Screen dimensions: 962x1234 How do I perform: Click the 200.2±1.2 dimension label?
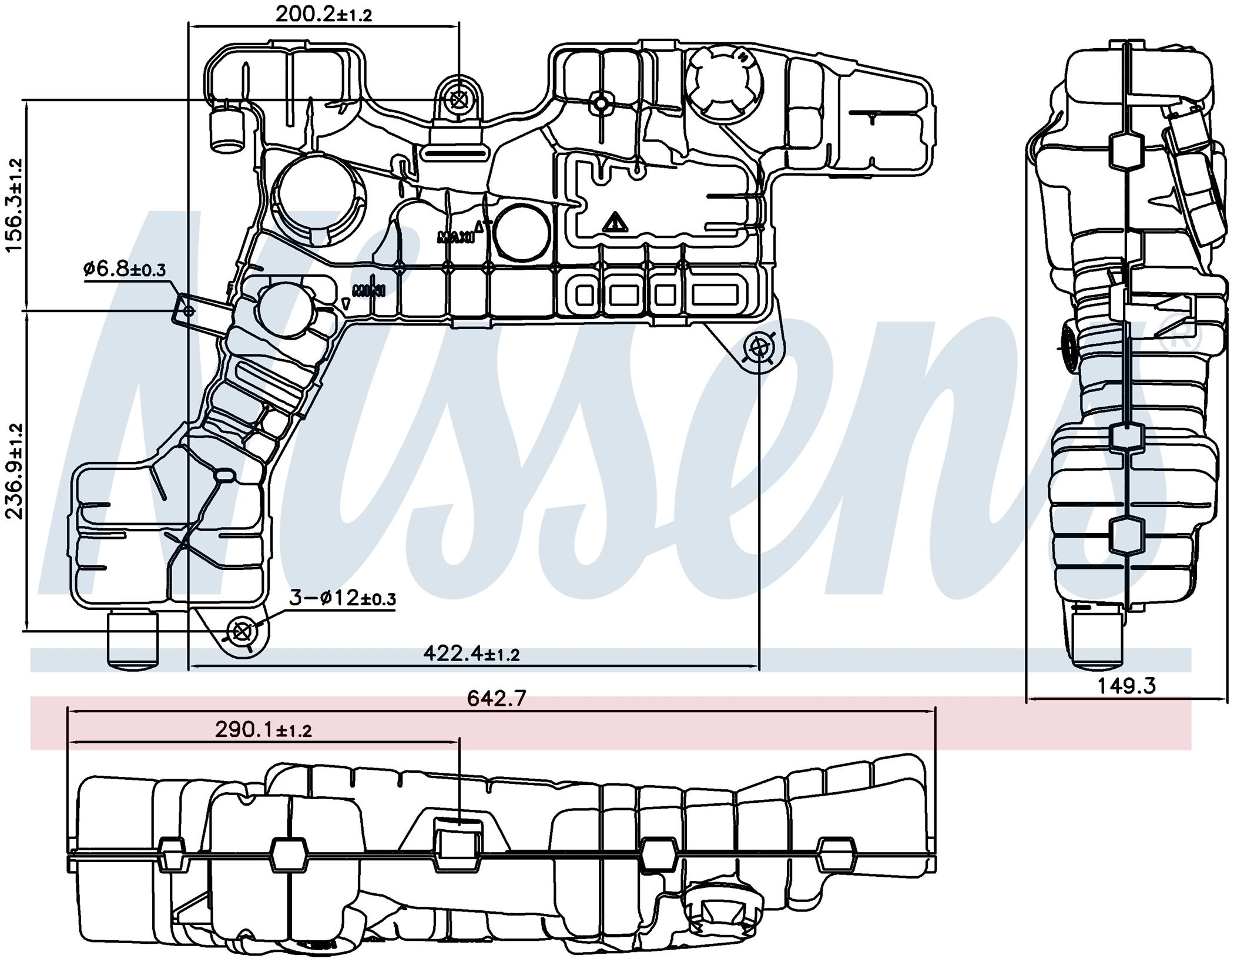tap(324, 14)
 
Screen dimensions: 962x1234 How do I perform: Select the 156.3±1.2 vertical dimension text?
tap(14, 205)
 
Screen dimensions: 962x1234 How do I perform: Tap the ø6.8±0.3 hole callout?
tap(125, 270)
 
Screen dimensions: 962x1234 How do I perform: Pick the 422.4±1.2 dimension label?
tap(471, 653)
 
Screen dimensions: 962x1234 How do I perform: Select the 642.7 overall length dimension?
tap(497, 699)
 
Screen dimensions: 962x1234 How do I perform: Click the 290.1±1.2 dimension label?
tap(263, 730)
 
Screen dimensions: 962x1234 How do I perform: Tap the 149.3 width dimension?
tap(1126, 686)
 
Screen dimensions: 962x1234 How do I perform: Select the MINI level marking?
tap(368, 290)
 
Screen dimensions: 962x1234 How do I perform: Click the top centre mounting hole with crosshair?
tap(458, 100)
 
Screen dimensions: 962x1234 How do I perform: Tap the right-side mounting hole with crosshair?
tap(759, 349)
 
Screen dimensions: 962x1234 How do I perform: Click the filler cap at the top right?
tap(723, 83)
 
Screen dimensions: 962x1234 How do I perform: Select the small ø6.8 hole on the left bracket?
tap(189, 311)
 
